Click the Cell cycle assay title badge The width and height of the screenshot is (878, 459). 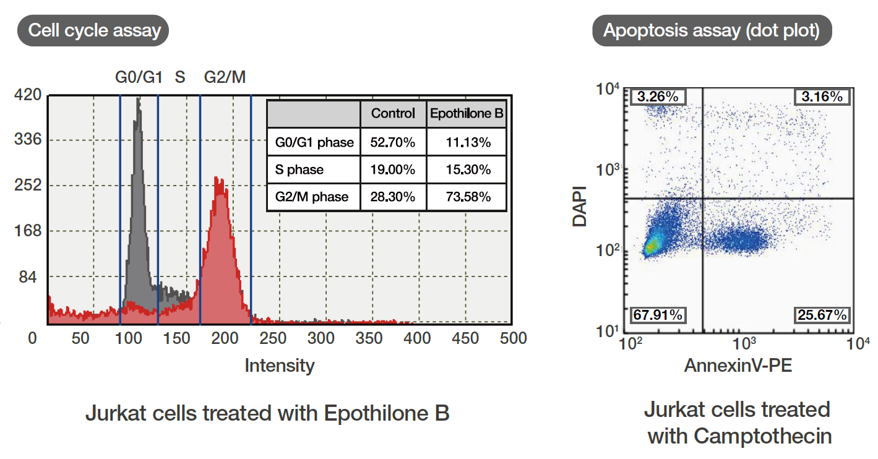coord(95,30)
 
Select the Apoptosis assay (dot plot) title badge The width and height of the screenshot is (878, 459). coord(712,30)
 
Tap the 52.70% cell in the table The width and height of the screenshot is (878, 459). coord(393,142)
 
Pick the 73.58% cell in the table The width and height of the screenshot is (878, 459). coord(468,197)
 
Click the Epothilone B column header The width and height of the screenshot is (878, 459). coord(467,114)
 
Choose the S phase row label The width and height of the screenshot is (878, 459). coord(299,169)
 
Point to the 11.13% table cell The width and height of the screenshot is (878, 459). coord(468,142)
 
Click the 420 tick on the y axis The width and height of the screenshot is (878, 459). coord(28,95)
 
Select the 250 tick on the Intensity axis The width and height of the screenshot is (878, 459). coord(273,338)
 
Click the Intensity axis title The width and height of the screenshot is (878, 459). coord(279,366)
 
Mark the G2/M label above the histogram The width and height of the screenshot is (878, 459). coord(225,78)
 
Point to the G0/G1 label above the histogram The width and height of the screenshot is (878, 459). coord(139,78)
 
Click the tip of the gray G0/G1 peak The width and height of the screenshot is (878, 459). coord(138,99)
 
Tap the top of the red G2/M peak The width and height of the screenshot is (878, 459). coord(217,179)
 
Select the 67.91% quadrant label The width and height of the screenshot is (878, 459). coord(657,315)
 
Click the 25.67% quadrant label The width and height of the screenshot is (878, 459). coord(821,315)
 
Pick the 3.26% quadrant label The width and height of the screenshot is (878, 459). coord(657,97)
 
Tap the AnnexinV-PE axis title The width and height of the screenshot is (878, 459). coord(738,366)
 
